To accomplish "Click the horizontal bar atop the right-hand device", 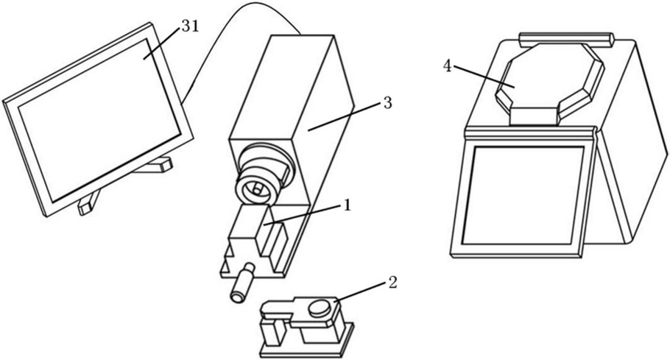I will (x=565, y=37).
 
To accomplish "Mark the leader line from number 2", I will (x=364, y=293).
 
